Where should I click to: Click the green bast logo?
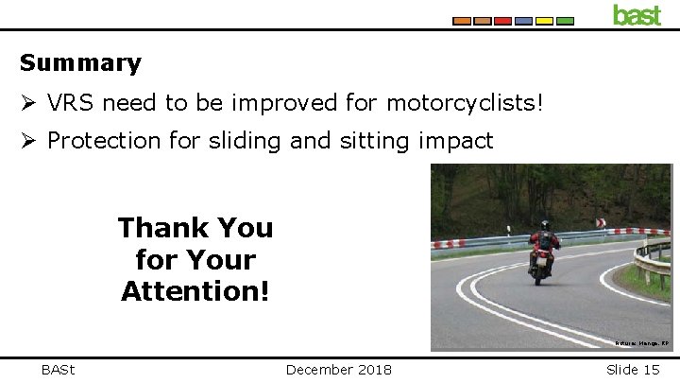[637, 14]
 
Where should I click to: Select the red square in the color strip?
[503, 21]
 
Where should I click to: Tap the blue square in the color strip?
[524, 21]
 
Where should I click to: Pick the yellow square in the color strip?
[545, 21]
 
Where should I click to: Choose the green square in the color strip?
[566, 21]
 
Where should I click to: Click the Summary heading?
[80, 63]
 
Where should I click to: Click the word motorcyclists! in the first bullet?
[467, 100]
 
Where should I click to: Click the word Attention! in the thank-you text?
[195, 290]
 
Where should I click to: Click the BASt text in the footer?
[59, 369]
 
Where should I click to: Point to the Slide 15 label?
[633, 369]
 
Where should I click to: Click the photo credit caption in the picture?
[641, 345]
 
